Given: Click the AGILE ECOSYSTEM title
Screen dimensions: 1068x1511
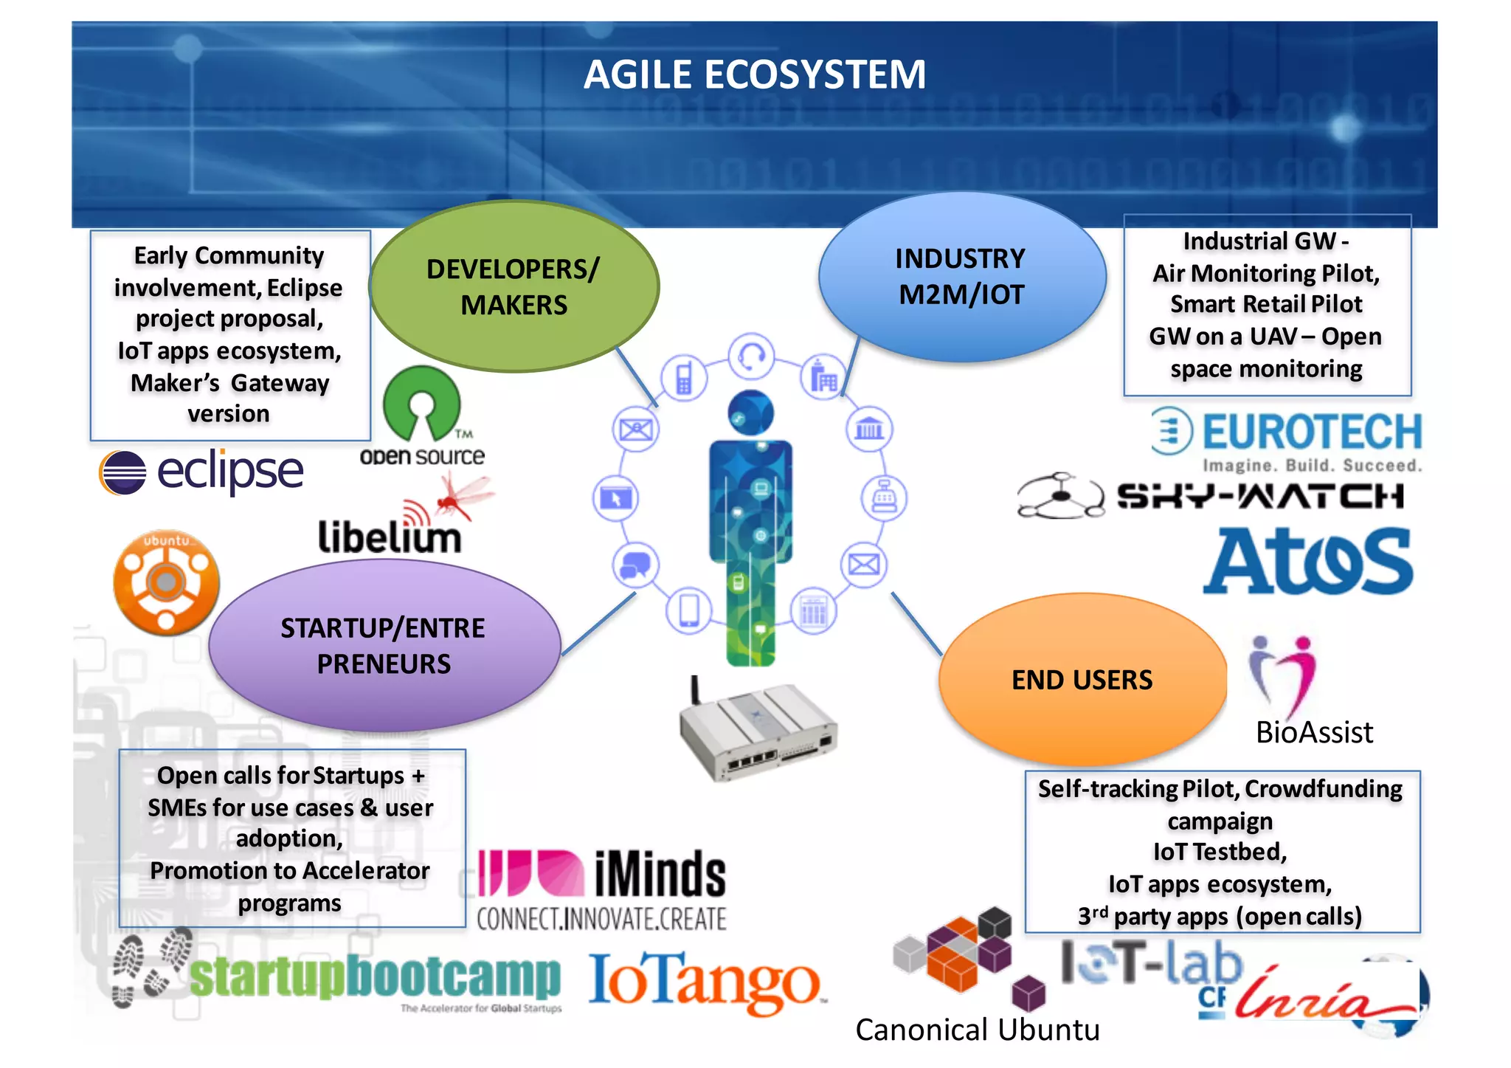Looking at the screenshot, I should (x=754, y=75).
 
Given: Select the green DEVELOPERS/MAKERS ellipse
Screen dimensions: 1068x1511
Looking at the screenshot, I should (x=514, y=286).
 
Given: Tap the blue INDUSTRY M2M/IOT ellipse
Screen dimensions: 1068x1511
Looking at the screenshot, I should (x=961, y=277).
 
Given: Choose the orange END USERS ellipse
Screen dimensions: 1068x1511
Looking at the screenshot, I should (x=1082, y=679).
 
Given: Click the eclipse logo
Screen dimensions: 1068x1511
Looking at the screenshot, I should (x=201, y=471).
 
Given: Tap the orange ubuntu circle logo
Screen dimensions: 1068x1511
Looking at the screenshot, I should (x=166, y=582).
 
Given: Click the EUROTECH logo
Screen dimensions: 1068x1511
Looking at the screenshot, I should (x=1287, y=439).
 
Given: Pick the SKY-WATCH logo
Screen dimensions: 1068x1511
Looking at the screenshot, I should (x=1210, y=496).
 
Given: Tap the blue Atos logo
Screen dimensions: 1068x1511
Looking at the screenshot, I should (x=1308, y=561).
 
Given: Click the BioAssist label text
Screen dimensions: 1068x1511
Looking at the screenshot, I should (x=1314, y=732).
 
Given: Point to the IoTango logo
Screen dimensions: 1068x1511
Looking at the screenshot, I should (x=705, y=982).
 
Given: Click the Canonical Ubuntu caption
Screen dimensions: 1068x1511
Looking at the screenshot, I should (x=977, y=1030).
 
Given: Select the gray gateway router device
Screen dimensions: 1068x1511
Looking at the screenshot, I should (x=758, y=731).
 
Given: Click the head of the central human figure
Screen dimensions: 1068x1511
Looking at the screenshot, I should (x=750, y=412).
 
